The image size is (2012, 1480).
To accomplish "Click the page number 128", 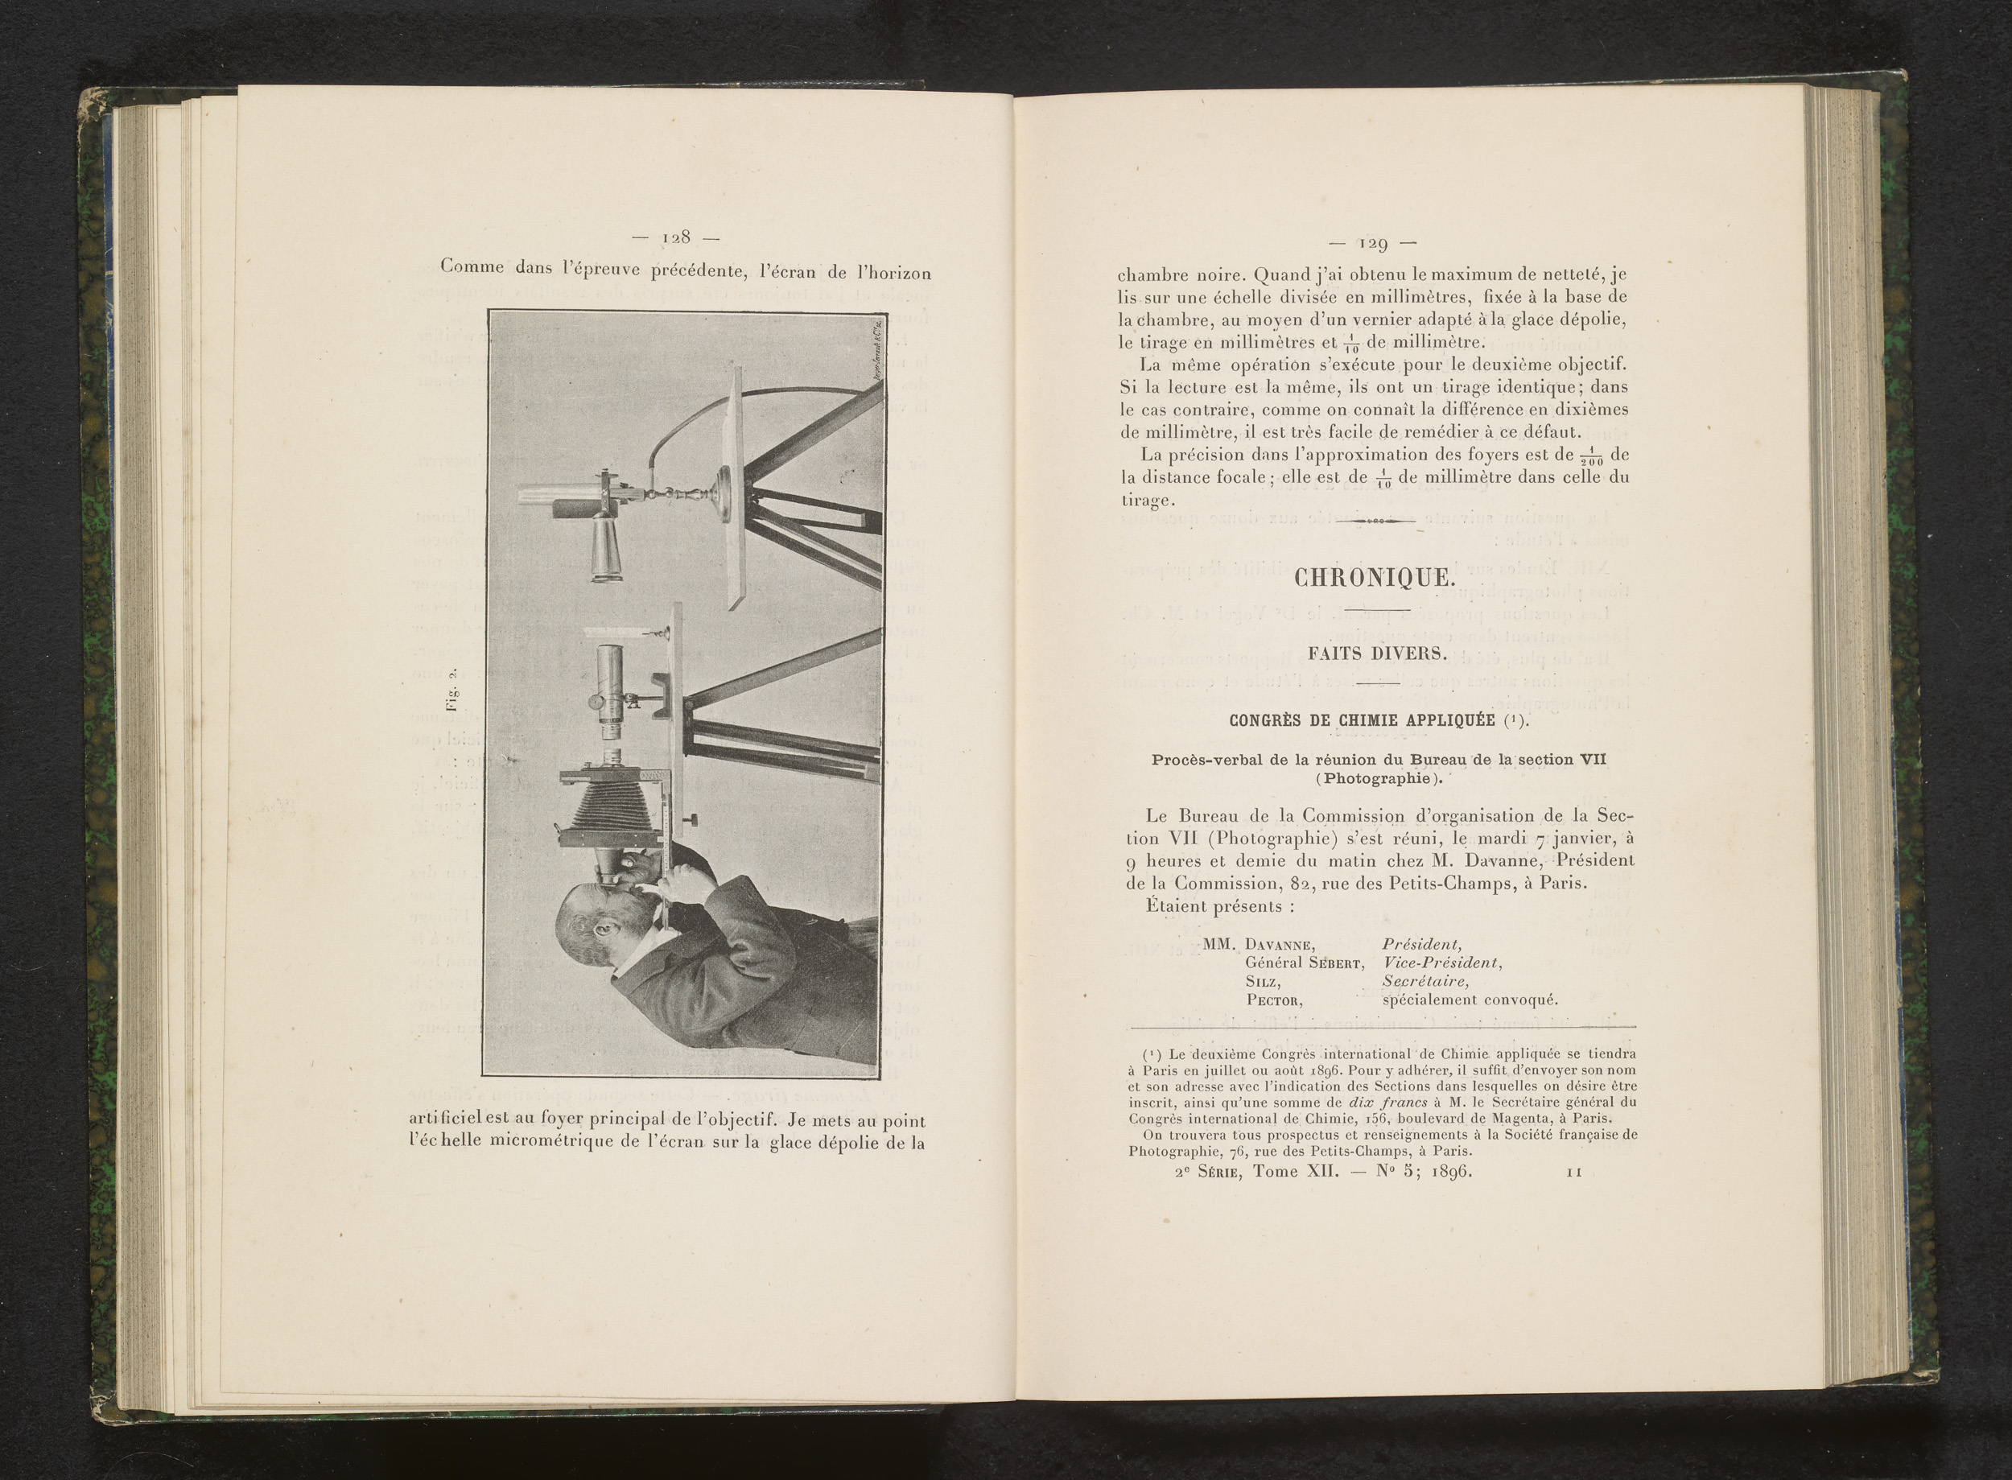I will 675,237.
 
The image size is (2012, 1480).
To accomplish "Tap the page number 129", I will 1373,244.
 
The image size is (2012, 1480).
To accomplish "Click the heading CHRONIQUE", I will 1372,578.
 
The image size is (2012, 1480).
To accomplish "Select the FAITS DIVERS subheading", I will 1377,653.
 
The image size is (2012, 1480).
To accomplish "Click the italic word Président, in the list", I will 1423,944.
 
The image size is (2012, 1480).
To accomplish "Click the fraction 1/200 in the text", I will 1591,456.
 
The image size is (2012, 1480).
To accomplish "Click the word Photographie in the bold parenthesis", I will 1379,777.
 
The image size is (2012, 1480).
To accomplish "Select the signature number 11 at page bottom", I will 1573,1172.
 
